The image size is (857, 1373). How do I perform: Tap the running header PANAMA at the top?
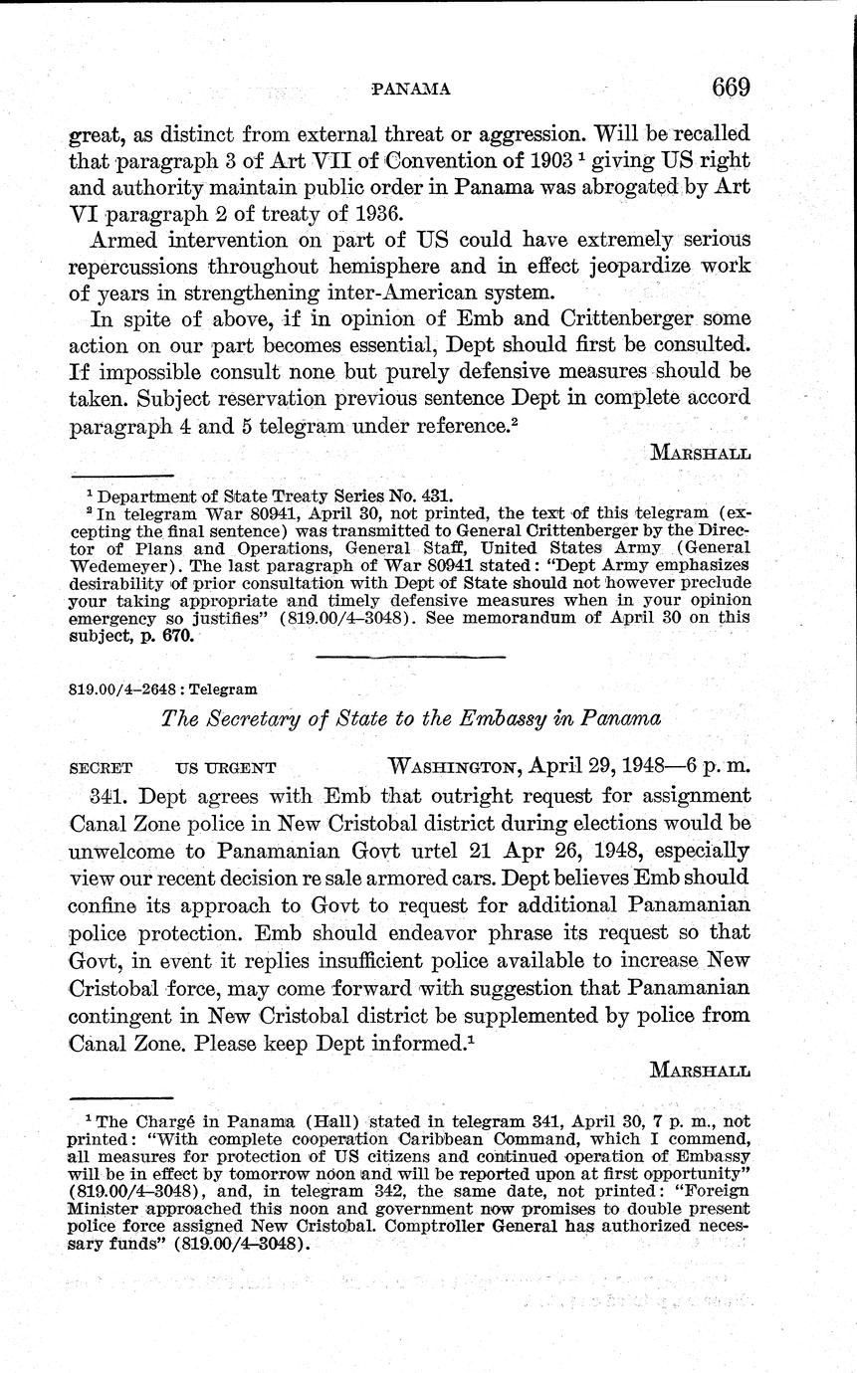[x=410, y=90]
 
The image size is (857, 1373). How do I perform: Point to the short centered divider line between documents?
[x=410, y=656]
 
